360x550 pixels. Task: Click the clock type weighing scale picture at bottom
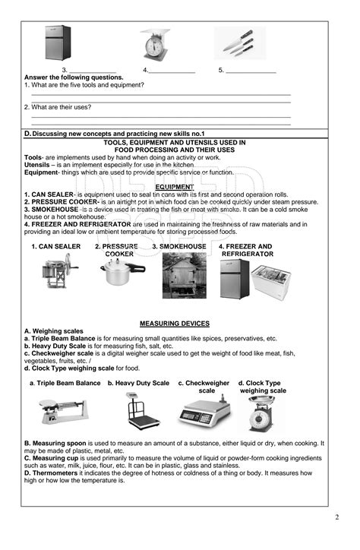point(261,415)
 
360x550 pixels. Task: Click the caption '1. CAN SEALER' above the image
point(55,247)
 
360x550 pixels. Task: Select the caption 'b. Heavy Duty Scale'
point(138,384)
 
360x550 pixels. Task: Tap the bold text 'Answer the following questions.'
point(74,77)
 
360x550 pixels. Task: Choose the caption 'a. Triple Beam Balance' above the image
point(65,384)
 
